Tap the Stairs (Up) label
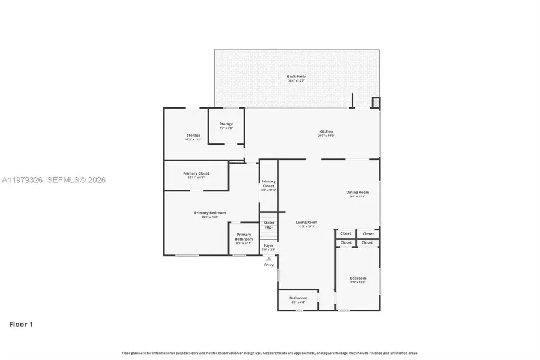tap(269, 225)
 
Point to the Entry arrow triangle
tap(269, 259)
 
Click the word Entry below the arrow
tap(269, 265)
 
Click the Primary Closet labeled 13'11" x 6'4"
tap(196, 175)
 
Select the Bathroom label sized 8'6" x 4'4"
tap(298, 299)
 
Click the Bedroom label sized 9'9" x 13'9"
tap(358, 280)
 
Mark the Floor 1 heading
tap(21, 324)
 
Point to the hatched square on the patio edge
tap(376, 102)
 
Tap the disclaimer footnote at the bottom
tap(270, 353)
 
